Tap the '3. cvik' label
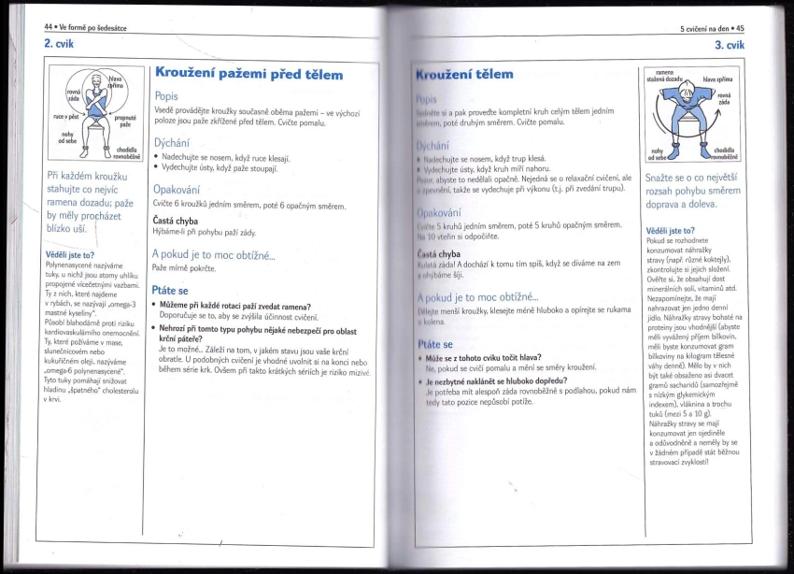click(x=729, y=45)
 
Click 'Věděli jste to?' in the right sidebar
click(x=670, y=230)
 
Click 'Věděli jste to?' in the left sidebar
click(x=70, y=253)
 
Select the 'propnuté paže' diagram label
click(x=126, y=122)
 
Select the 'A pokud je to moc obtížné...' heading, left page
click(x=214, y=253)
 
